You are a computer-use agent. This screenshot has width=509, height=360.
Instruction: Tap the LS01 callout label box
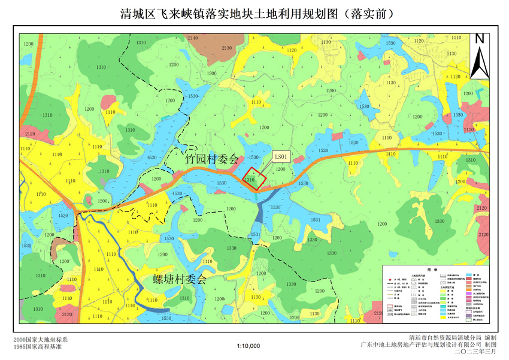281,157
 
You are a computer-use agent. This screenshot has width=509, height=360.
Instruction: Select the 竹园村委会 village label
211,160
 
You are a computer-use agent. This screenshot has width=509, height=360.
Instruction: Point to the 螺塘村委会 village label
180,279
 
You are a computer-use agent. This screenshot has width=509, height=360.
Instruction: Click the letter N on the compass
479,40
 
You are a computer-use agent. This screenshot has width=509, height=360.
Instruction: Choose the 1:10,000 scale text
248,346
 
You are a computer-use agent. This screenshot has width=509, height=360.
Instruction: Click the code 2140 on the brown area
193,38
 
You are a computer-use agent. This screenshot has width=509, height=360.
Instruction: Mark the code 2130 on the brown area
226,48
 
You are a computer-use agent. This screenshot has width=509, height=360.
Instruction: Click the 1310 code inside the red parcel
250,179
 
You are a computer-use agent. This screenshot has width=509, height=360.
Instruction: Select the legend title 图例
436,270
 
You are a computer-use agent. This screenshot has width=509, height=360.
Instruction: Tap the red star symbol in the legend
390,280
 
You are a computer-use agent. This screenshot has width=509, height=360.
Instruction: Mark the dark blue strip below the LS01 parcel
259,213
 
